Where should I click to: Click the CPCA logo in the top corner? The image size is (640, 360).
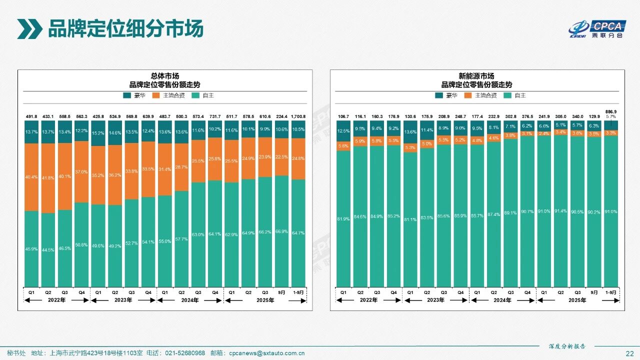pos(597,29)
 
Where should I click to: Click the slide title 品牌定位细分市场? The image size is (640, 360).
pos(125,28)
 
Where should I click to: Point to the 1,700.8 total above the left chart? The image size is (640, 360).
pos(298,116)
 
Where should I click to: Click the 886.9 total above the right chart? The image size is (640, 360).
pos(611,111)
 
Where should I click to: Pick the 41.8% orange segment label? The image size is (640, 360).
pos(48,178)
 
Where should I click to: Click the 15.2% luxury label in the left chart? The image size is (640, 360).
pos(98,133)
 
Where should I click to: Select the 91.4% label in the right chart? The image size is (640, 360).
pos(560,211)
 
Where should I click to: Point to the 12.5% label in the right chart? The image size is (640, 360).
pos(343,131)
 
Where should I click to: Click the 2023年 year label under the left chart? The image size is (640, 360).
pos(123,300)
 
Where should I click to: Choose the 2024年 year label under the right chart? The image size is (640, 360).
pos(502,300)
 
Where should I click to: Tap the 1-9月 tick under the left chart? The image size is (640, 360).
pos(298,292)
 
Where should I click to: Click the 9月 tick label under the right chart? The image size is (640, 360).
pos(594,292)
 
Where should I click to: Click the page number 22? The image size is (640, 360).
pos(629,353)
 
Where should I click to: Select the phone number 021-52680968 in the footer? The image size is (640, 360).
pos(185,353)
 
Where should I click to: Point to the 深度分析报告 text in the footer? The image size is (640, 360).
pos(566,346)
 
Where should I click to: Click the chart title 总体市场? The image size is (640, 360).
pos(165,76)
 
